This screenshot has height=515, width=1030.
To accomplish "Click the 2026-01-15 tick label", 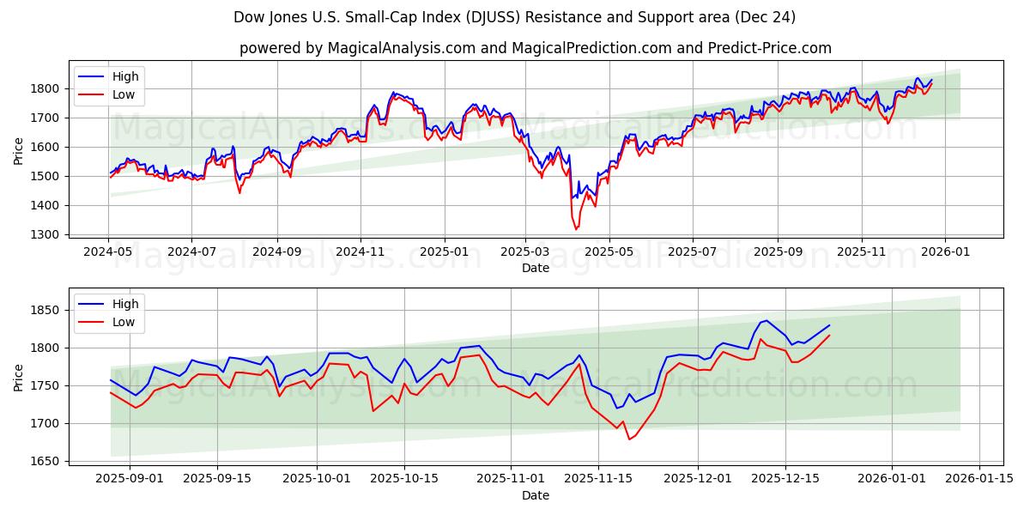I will (979, 479).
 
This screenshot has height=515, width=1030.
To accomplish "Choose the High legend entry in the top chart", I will (125, 76).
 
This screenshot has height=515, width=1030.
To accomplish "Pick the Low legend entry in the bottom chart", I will (124, 322).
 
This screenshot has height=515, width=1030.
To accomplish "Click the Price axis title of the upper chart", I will (19, 149).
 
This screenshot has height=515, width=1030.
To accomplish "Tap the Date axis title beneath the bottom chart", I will (536, 495).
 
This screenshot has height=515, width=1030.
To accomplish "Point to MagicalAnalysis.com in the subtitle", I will (402, 48).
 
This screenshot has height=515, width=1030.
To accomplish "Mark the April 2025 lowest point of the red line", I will (576, 229).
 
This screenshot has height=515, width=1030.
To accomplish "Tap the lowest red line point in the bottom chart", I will (629, 439).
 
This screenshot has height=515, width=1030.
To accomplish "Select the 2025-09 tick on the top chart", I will (778, 252).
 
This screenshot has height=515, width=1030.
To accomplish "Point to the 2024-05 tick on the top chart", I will (108, 252).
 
